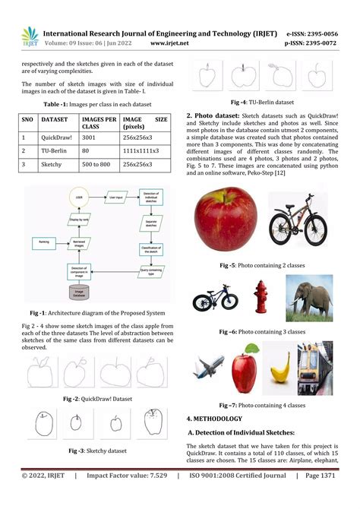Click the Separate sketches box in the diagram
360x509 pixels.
tap(150, 221)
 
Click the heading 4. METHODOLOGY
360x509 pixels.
tap(214, 419)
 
